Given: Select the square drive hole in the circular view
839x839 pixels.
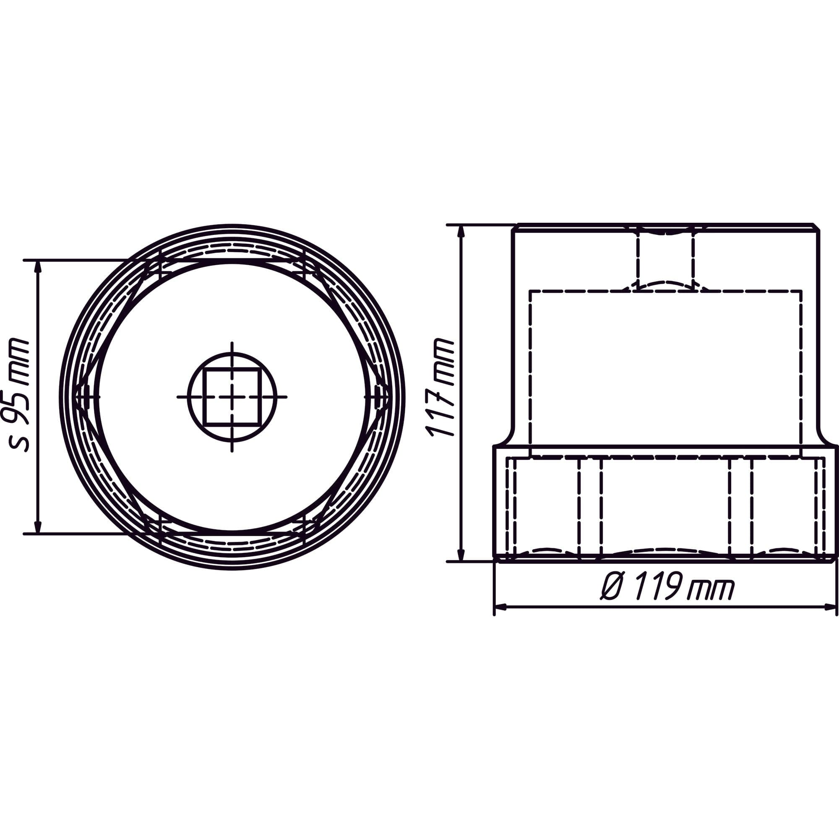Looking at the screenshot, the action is (x=232, y=396).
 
